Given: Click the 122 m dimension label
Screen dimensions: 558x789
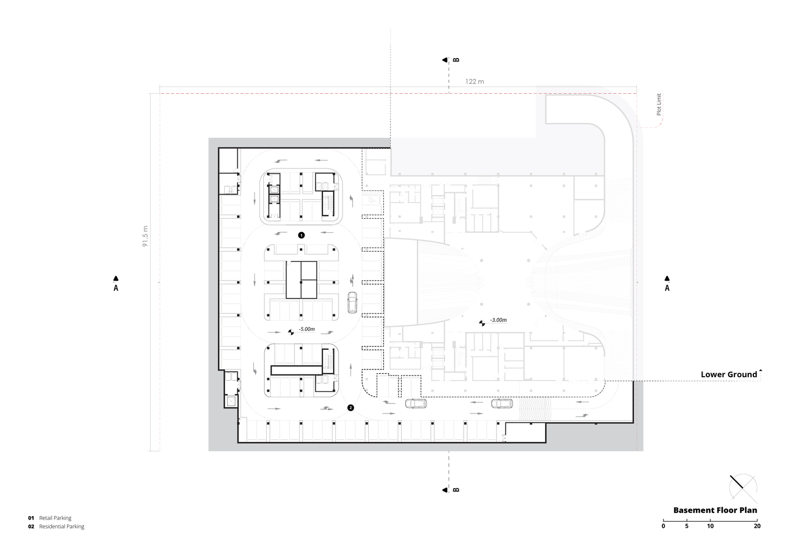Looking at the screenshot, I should (x=475, y=81).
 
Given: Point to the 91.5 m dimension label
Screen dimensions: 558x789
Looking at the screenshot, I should (x=145, y=237).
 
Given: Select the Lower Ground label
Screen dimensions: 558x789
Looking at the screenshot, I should (x=729, y=374).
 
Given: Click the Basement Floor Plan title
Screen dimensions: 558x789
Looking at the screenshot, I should (x=715, y=510).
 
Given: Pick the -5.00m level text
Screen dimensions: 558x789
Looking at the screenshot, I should (x=306, y=329).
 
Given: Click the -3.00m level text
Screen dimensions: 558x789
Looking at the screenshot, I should (x=498, y=320).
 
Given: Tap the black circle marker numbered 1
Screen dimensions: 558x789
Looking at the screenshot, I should (x=301, y=235).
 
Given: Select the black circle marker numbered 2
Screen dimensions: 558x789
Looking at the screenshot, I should (x=350, y=408).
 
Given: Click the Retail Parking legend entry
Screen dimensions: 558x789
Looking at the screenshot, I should (x=55, y=518).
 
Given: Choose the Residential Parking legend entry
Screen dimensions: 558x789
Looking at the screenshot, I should (x=61, y=527).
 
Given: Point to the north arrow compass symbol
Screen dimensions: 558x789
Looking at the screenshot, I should (x=743, y=489).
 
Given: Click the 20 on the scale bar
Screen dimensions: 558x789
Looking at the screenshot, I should (x=757, y=526).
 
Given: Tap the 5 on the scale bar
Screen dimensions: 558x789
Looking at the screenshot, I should (x=687, y=526).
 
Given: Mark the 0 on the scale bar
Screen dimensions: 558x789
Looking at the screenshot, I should (x=663, y=526).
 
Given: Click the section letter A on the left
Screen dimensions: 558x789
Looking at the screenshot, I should (x=116, y=288).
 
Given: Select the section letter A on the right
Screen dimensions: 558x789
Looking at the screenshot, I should (x=667, y=288).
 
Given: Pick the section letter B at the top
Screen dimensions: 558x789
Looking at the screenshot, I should (x=456, y=60).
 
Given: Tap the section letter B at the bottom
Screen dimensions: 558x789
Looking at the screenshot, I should (x=456, y=490).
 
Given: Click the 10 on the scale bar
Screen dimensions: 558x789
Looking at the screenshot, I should (x=710, y=526).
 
